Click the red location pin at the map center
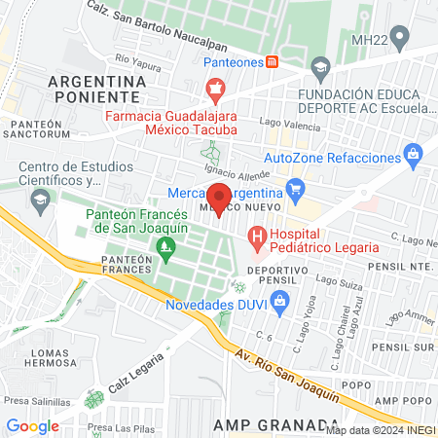click(219, 197)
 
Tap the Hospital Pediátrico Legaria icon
click(256, 236)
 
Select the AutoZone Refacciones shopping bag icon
click(415, 154)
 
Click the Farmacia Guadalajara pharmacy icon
click(215, 93)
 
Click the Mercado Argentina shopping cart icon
click(294, 187)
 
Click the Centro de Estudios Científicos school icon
click(40, 202)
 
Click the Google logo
click(32, 424)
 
